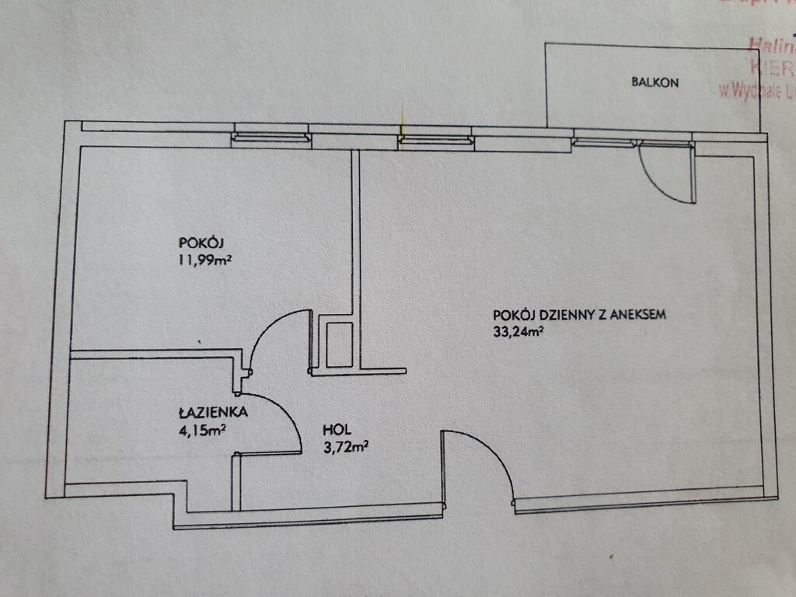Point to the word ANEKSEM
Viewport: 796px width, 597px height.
coord(638,316)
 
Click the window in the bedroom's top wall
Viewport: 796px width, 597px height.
coord(271,138)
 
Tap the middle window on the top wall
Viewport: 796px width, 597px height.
coord(435,140)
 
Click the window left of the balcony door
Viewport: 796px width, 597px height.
coord(603,142)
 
